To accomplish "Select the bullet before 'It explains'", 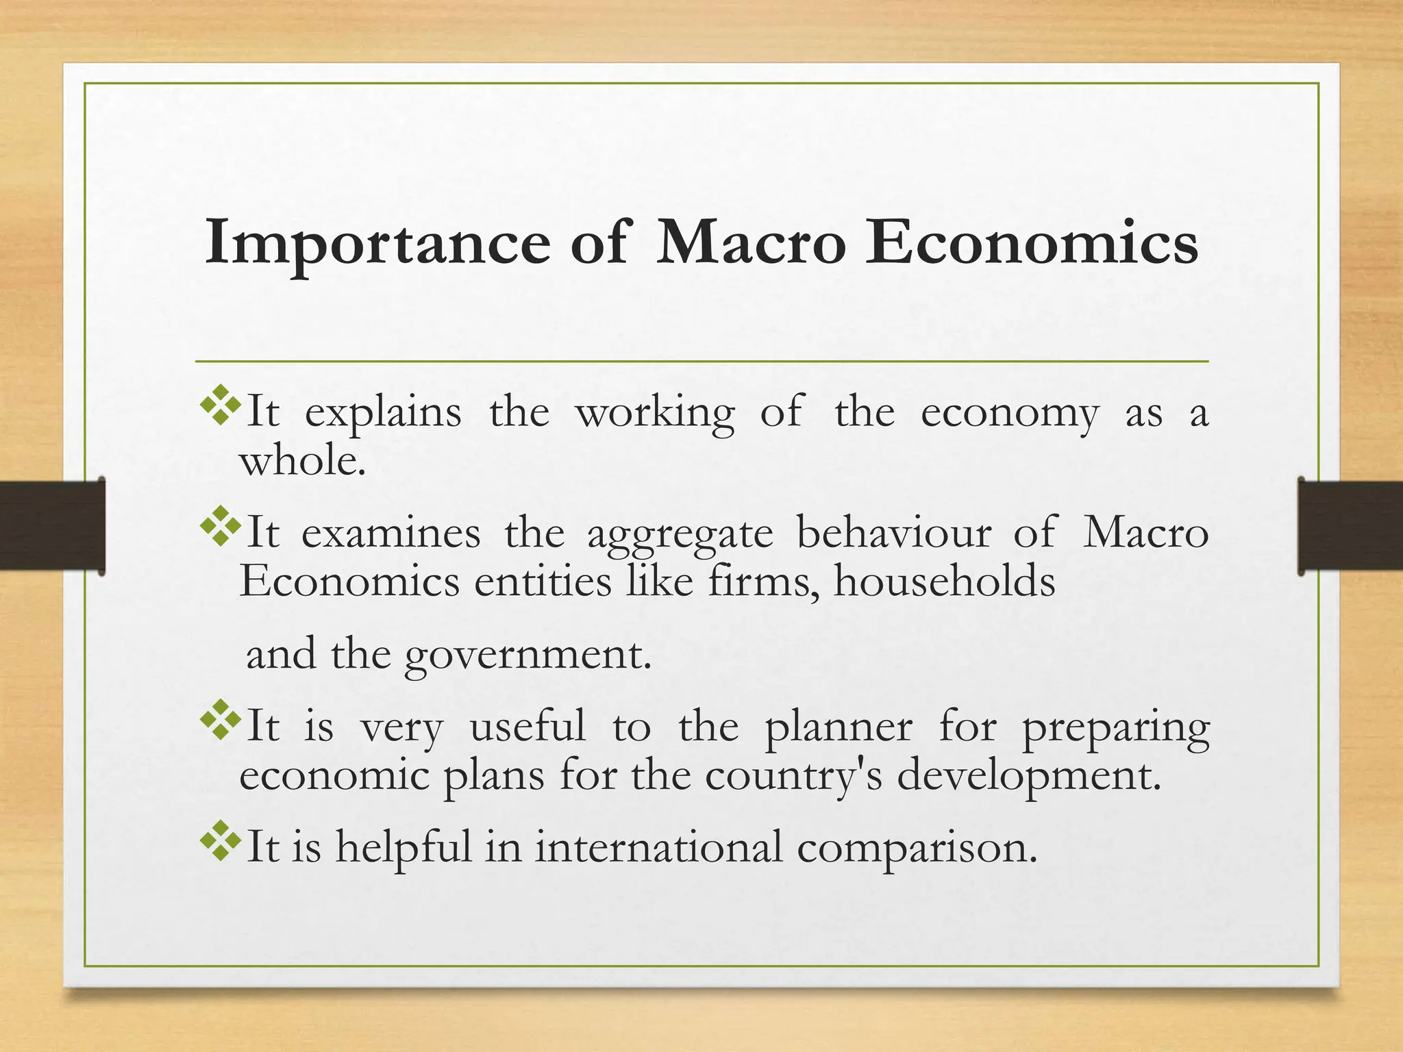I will point(220,406).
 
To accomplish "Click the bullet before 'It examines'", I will point(220,526).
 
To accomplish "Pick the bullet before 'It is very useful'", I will point(220,719).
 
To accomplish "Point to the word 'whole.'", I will point(302,460).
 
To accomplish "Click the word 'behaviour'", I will point(893,532).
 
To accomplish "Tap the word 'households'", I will point(944,582).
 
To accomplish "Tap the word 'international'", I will point(658,847).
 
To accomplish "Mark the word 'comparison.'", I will point(917,848).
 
